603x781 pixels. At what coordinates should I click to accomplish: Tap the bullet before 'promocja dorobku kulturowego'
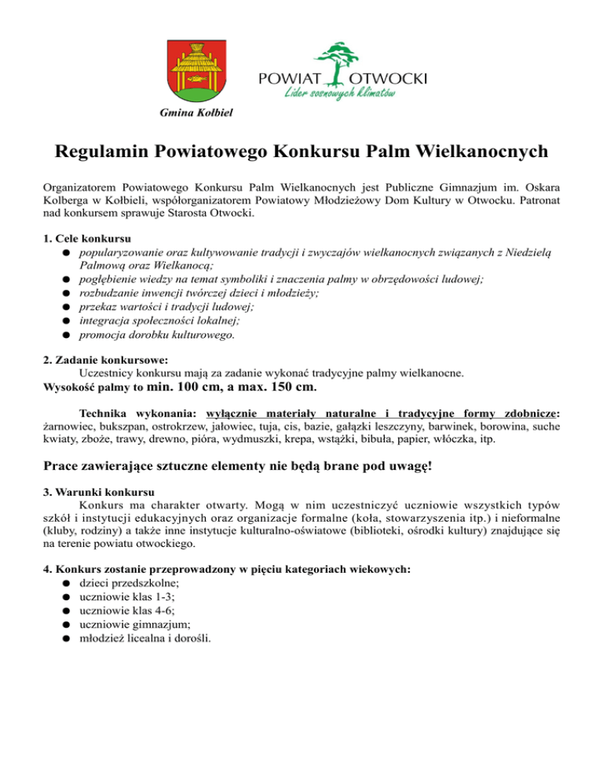point(69,335)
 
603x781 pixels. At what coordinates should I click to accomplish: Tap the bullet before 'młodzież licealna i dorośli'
point(69,638)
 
